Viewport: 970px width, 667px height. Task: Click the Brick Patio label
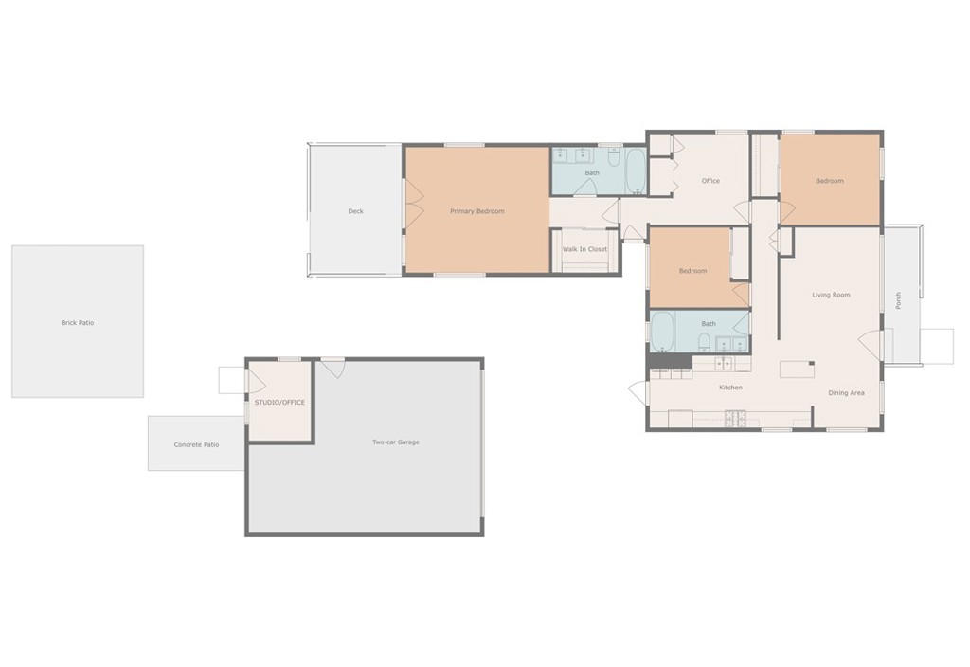tap(78, 323)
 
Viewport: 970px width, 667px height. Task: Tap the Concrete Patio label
tap(196, 445)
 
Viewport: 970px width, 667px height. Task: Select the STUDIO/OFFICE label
tap(279, 402)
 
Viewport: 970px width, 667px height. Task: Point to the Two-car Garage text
tap(396, 442)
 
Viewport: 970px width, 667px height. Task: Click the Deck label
tap(356, 211)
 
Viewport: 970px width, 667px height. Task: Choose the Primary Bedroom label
tap(477, 211)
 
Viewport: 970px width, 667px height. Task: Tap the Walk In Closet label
tap(584, 249)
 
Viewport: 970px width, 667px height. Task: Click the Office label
tap(710, 181)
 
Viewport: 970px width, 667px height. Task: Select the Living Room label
tap(831, 296)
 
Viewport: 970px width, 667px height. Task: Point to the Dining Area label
tap(846, 393)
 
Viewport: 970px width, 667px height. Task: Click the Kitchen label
tap(730, 388)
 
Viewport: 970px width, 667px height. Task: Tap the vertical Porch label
tap(898, 300)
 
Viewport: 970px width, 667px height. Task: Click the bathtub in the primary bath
tap(636, 171)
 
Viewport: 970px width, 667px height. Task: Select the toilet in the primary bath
tap(614, 158)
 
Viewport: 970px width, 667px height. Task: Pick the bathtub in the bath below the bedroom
tap(662, 331)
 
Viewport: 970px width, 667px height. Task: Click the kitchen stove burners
tap(735, 419)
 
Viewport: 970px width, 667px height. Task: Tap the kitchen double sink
tap(723, 364)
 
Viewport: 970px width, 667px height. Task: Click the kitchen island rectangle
tap(796, 370)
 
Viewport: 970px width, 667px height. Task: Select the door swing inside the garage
tap(334, 369)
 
